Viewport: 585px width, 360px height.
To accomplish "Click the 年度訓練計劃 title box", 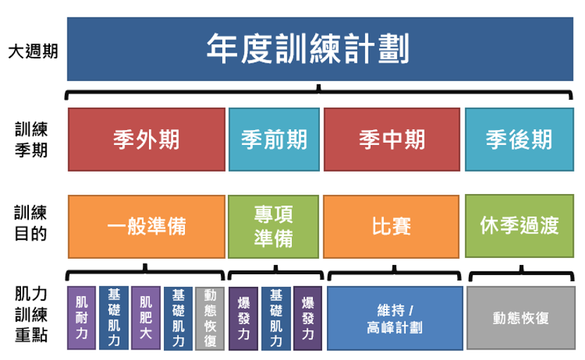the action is pos(320,49).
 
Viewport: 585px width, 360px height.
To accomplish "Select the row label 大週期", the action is pos(33,51).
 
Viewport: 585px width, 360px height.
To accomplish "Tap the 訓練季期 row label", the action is pos(32,139).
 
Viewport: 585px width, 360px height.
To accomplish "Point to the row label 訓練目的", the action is pos(31,223).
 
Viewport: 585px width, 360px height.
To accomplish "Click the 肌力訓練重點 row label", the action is pos(32,314).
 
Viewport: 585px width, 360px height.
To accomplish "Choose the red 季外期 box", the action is pos(147,139).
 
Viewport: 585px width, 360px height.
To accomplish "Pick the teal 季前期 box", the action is pos(274,139).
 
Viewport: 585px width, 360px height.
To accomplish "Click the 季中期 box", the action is pos(392,139).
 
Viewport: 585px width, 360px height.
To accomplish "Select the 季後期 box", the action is pos(520,139).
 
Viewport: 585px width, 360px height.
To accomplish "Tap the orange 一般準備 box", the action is pos(147,226).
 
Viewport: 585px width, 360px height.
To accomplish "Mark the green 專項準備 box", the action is pos(274,226).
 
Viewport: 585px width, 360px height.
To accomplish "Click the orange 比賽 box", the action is pos(391,226).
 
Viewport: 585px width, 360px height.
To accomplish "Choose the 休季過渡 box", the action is pos(520,226).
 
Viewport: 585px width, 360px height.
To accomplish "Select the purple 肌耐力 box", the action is pos(82,318).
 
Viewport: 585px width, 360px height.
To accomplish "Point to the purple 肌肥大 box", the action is pos(146,318).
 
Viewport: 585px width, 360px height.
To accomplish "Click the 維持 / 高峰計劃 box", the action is pos(395,319).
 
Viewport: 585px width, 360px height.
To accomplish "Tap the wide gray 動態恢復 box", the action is pos(521,318).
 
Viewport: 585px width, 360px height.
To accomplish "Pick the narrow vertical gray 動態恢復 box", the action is pos(210,319).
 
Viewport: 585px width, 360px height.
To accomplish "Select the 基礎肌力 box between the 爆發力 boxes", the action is pos(276,319).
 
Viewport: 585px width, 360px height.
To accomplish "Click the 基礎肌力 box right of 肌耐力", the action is pos(114,318).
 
